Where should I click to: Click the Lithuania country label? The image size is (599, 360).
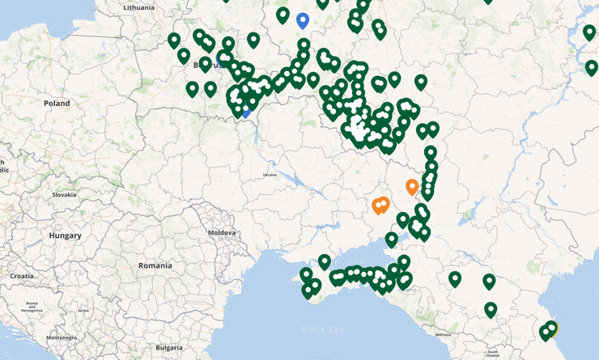138,7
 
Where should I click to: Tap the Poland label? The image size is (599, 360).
57,104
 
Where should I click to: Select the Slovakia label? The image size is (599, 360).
64,194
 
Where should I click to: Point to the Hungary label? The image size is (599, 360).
65,235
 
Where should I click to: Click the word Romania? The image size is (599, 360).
155,265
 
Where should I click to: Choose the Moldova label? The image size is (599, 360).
222,232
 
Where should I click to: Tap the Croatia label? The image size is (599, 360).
22,276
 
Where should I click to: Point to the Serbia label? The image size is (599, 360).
84,310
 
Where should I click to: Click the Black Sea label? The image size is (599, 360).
321,329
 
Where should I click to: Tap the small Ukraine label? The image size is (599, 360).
270,175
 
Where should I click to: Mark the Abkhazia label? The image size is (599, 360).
442,334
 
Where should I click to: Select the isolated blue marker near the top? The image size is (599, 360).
303,19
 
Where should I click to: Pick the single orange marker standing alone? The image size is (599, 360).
412,187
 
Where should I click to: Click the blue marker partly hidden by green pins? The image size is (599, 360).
245,110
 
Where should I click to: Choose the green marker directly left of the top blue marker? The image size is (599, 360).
283,15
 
